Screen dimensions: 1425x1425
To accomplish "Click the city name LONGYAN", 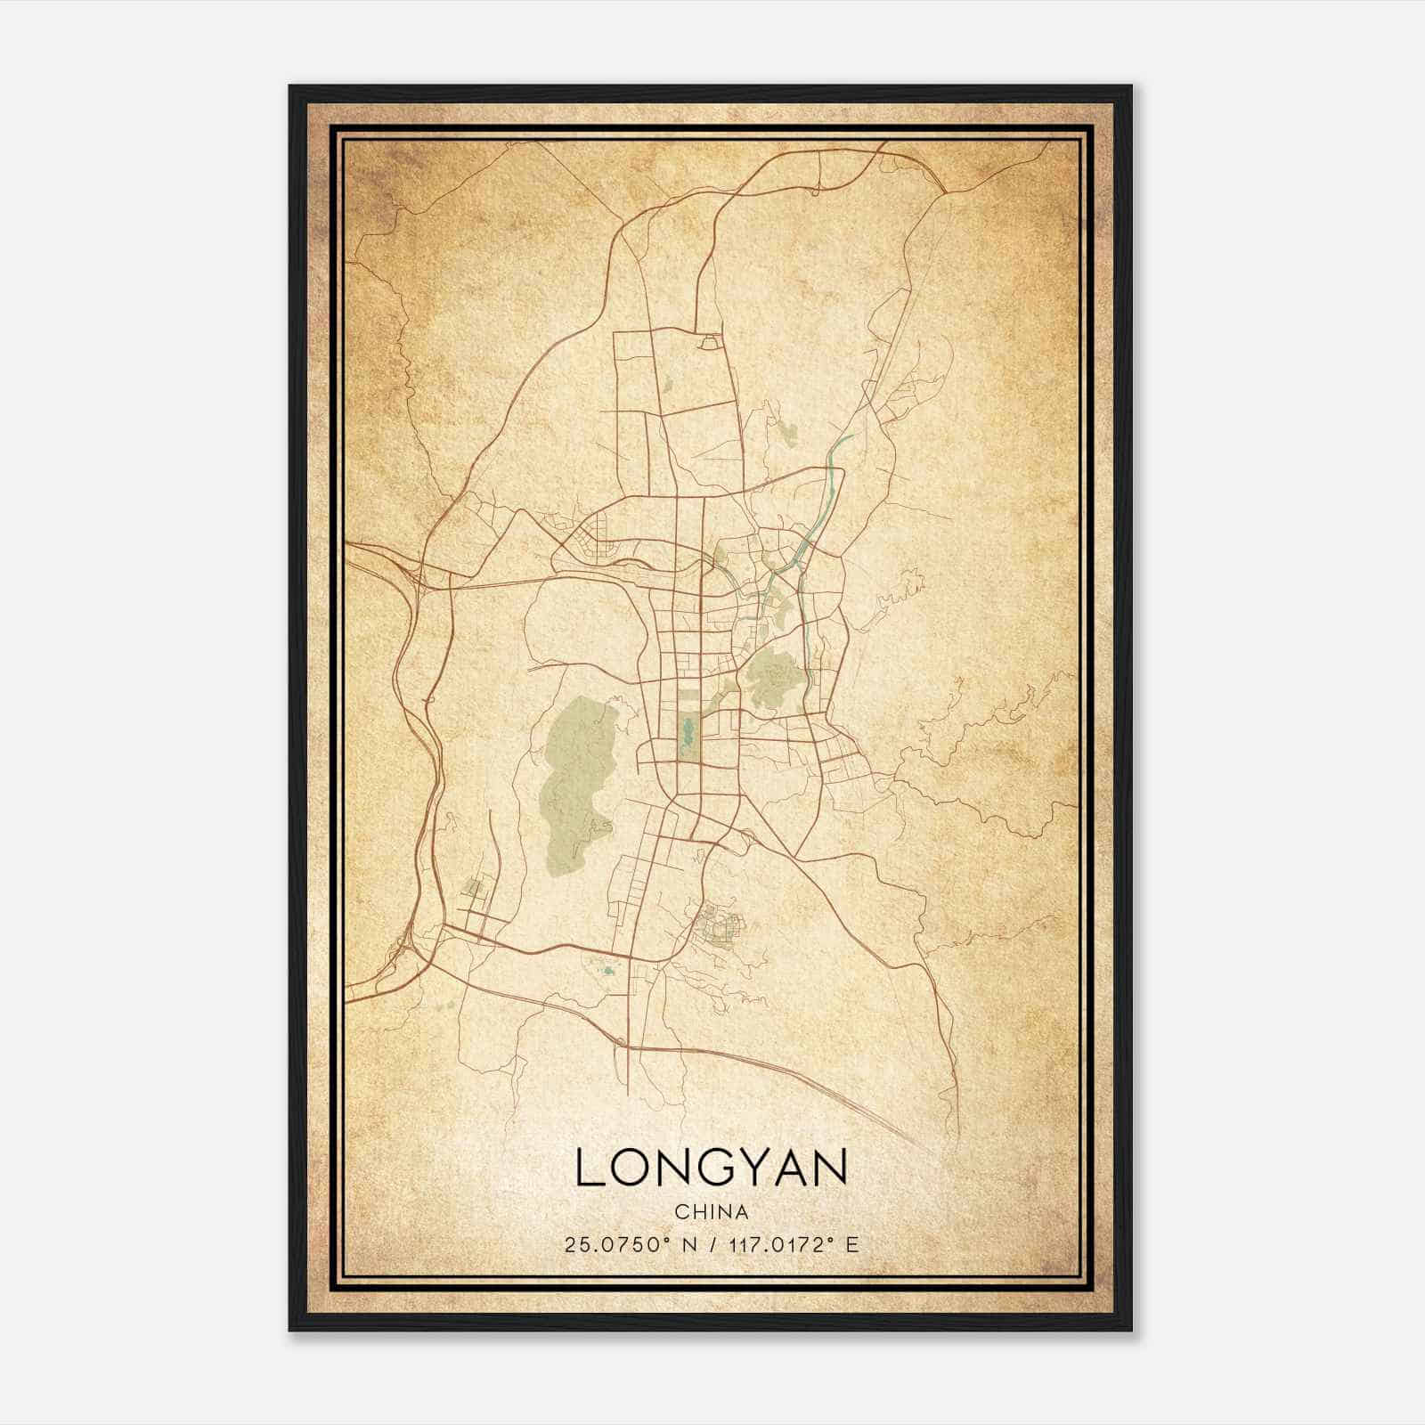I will pyautogui.click(x=711, y=1168).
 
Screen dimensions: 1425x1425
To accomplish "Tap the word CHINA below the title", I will pyautogui.click(x=711, y=1212).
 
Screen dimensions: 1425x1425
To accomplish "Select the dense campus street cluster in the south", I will pyautogui.click(x=718, y=925).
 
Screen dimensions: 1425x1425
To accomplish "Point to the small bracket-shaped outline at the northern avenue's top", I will pyautogui.click(x=710, y=341).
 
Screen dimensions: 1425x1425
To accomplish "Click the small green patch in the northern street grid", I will pyautogui.click(x=666, y=387).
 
